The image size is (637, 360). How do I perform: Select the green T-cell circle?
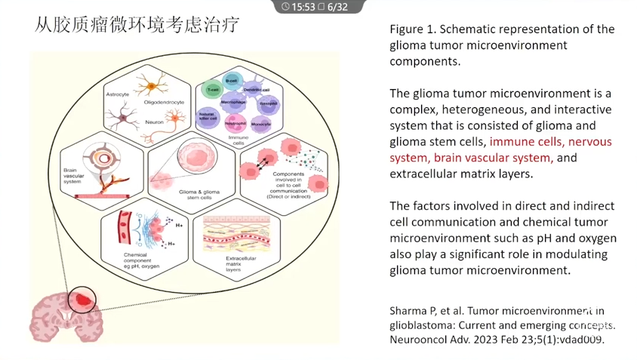(x=214, y=90)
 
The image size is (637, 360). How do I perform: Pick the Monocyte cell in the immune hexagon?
(x=262, y=123)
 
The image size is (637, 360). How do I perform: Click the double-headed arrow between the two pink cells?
(x=262, y=158)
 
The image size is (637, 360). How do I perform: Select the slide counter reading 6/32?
(x=337, y=7)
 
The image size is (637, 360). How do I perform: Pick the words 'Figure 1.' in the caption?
(x=411, y=29)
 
